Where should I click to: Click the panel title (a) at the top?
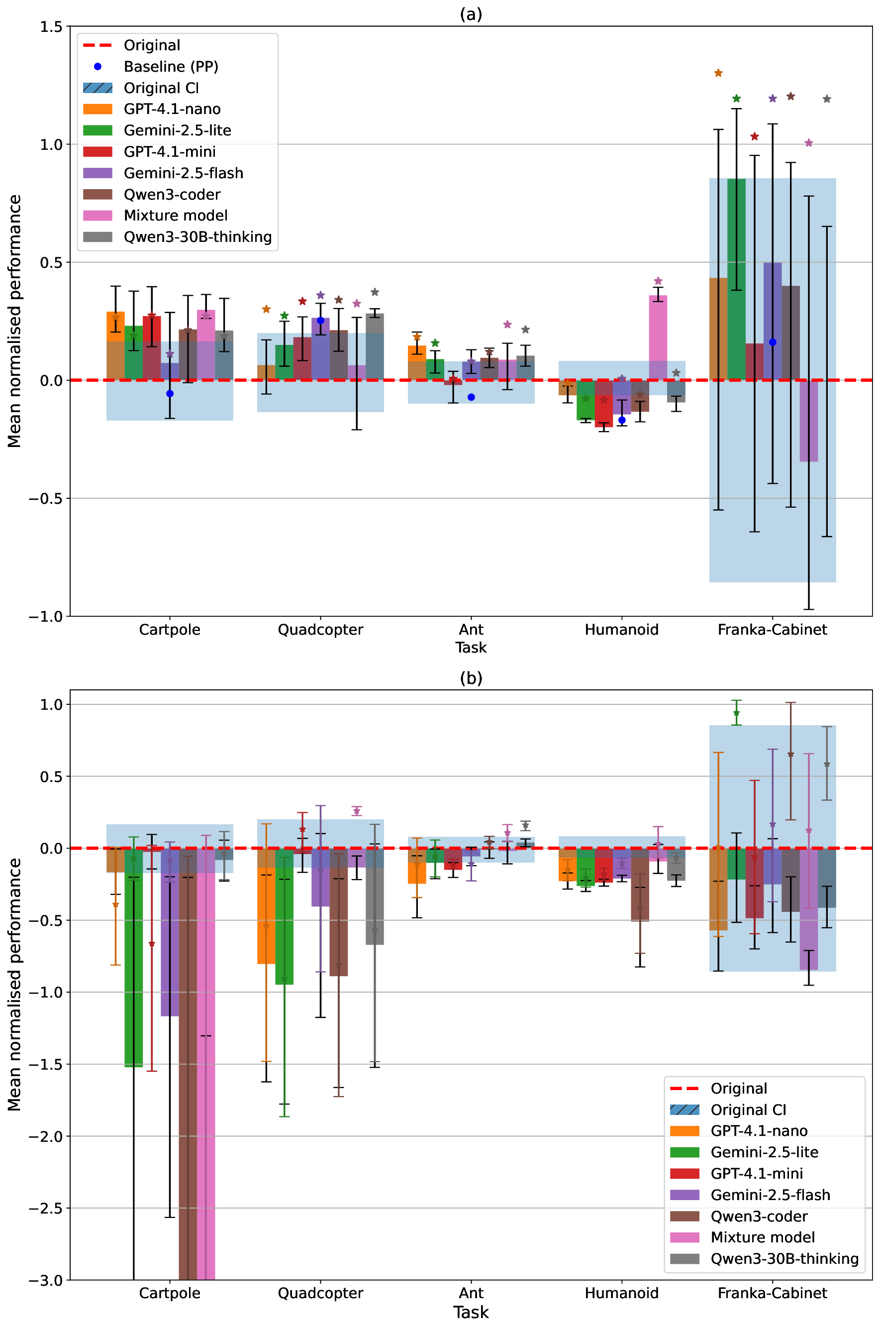(470, 14)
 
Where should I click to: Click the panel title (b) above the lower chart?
(470, 678)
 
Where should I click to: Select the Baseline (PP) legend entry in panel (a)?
(171, 67)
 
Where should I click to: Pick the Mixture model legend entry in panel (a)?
(175, 216)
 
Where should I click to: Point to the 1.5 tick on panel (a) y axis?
(51, 27)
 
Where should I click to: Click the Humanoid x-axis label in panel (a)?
(621, 629)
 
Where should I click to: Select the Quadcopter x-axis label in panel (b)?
(320, 1293)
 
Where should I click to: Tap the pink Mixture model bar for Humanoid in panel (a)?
(658, 337)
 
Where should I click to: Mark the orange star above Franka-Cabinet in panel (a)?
(718, 73)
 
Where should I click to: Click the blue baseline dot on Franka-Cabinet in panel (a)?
(772, 342)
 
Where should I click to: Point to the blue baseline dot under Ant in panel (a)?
(472, 398)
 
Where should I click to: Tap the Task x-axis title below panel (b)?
(470, 1313)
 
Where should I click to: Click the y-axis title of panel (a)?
(14, 321)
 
